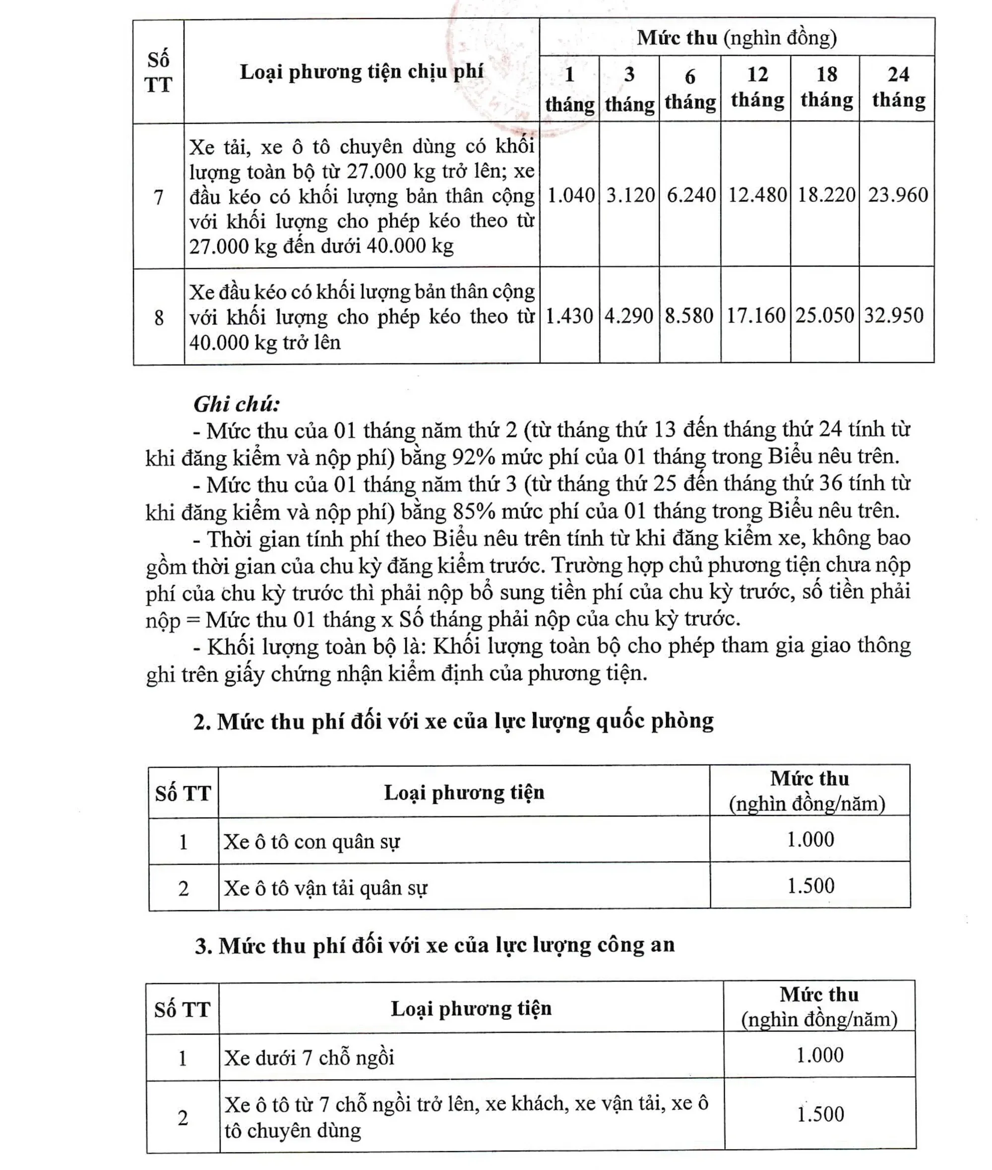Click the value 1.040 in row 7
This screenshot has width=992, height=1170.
(570, 195)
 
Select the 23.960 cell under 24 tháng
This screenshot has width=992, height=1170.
(898, 195)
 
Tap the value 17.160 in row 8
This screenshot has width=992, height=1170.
(755, 316)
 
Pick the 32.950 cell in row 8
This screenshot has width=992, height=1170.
(894, 315)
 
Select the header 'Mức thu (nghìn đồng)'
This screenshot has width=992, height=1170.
(737, 38)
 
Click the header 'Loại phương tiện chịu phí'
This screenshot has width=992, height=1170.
(362, 71)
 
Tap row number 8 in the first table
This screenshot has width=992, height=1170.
(159, 318)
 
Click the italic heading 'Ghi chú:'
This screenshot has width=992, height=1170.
(237, 404)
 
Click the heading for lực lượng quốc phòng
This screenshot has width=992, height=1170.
(453, 721)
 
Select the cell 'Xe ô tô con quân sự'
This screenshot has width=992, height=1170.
(312, 841)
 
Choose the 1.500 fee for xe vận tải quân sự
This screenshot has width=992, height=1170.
(810, 885)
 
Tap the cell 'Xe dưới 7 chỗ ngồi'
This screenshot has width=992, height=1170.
(310, 1057)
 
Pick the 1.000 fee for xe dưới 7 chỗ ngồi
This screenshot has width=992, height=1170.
(819, 1055)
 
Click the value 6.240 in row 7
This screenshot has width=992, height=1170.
(690, 195)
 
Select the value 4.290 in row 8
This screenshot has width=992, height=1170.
(629, 316)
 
